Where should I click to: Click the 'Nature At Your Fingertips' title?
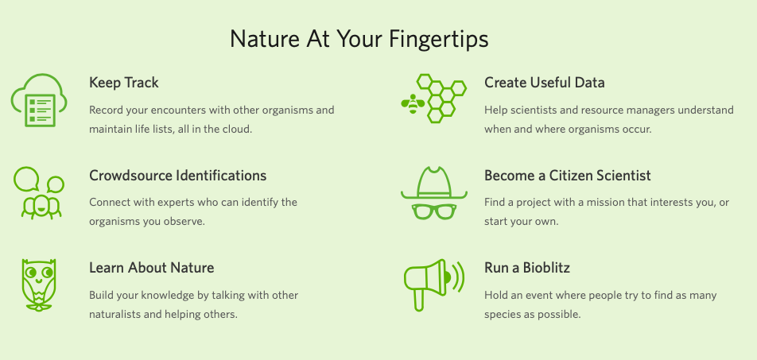pos(359,39)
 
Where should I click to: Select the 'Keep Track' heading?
pos(123,83)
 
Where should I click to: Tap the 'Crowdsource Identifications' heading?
pos(177,175)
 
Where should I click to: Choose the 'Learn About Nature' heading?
pos(152,268)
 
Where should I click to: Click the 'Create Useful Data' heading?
pos(544,83)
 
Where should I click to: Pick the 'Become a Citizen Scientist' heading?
pos(567,175)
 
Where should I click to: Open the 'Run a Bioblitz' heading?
pos(527,268)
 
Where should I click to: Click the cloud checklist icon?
pos(39,100)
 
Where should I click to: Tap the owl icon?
pos(39,285)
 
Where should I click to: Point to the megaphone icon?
pos(433,285)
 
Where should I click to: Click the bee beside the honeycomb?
pos(413,103)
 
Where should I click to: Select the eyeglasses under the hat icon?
pos(434,211)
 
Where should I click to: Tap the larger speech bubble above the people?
pos(26,179)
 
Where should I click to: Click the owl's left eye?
pos(31,273)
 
